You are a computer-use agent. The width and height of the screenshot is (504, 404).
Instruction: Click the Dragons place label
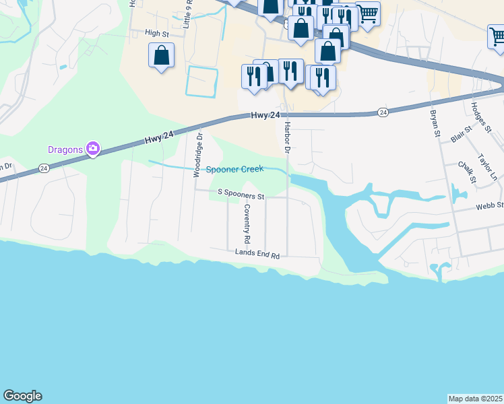point(65,149)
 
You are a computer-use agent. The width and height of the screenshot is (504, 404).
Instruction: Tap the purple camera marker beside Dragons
point(93,149)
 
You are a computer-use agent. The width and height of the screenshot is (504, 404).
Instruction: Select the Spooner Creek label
point(235,170)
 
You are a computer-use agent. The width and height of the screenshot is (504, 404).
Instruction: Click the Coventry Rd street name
point(247,224)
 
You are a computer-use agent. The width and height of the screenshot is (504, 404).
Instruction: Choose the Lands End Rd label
point(257,253)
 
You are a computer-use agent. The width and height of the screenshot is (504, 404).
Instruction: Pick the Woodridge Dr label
point(198,155)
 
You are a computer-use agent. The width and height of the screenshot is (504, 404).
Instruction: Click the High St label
point(156,32)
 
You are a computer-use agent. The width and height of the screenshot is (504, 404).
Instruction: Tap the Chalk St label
point(467,172)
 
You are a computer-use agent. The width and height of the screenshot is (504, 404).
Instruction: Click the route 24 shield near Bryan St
point(383,112)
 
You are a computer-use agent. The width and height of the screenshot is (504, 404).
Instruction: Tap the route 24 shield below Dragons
point(44,168)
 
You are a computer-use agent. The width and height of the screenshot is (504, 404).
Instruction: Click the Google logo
point(22,396)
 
